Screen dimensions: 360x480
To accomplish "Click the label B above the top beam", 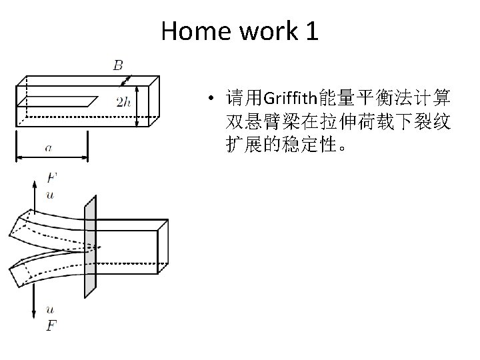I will (x=118, y=65).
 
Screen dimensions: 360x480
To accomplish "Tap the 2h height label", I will (x=123, y=102).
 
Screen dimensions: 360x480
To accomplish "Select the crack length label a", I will (x=49, y=148).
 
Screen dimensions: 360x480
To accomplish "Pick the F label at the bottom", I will (x=51, y=325).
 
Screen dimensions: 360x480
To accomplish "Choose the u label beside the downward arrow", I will (x=51, y=309).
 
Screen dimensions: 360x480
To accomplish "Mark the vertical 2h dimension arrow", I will (x=137, y=105).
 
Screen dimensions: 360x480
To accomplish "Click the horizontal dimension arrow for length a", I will (x=51, y=157).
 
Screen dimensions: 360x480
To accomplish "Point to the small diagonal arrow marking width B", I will (x=125, y=81).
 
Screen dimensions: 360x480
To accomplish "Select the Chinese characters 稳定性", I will (x=314, y=145).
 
